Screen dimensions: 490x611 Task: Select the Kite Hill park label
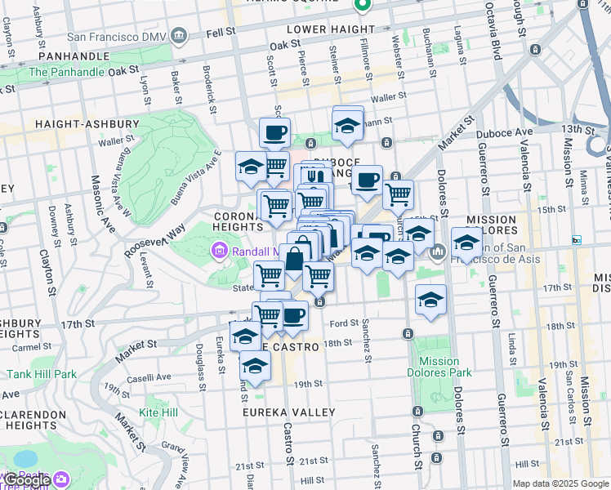pos(158,412)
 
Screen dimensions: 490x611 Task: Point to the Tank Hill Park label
pos(42,374)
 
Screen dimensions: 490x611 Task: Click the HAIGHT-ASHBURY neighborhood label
pos(87,124)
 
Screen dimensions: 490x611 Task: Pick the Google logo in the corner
pos(27,480)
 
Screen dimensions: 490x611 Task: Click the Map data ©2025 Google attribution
pos(560,483)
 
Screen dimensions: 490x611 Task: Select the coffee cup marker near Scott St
pos(274,131)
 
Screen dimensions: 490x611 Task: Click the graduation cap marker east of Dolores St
pos(466,243)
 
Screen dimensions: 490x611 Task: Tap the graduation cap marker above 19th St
pos(255,367)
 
